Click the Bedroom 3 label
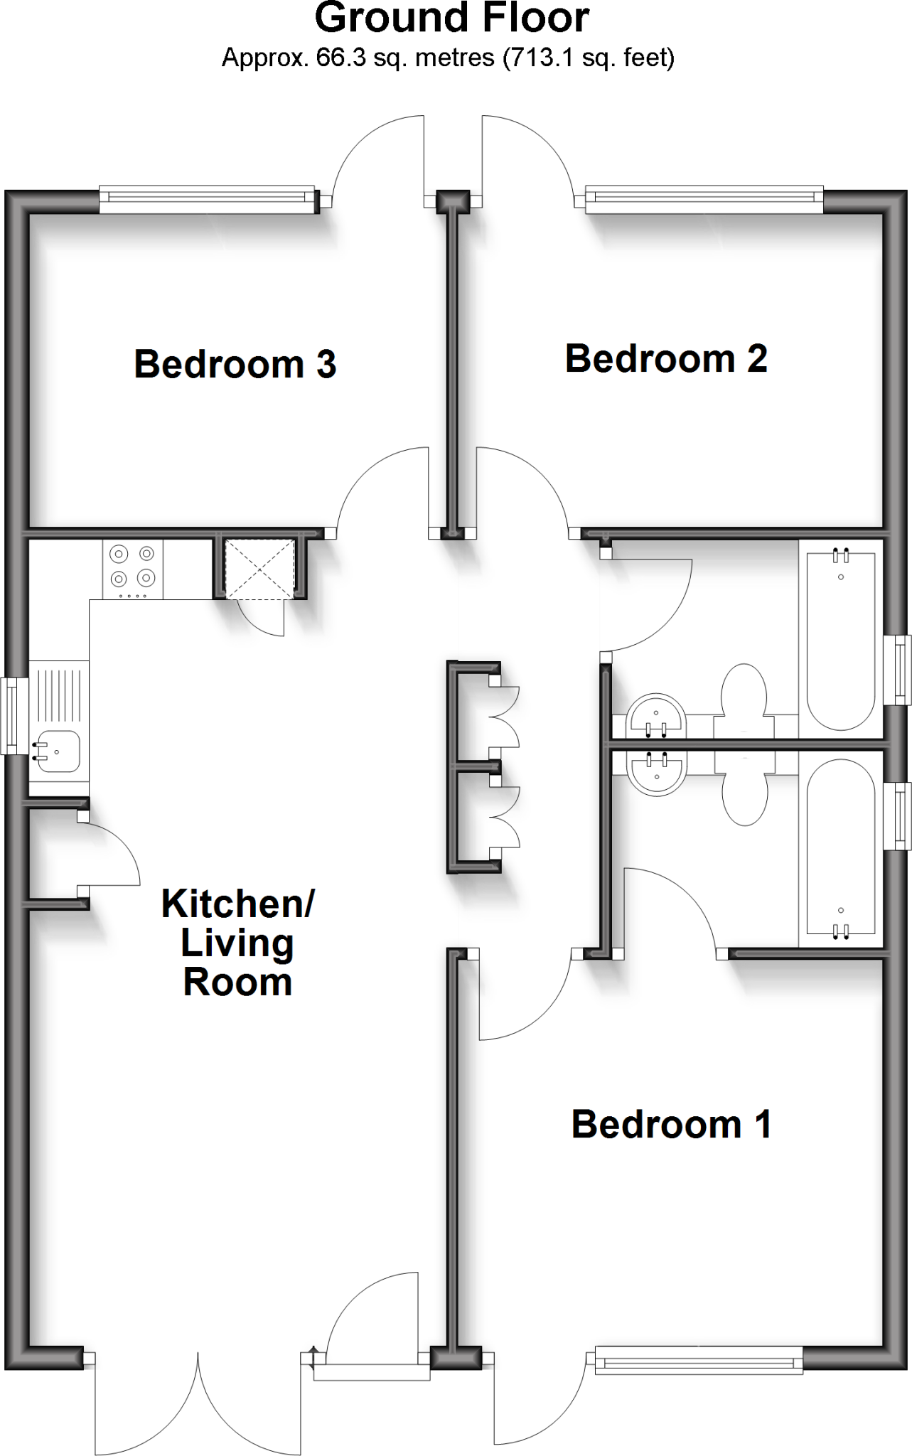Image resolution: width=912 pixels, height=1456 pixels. point(235,364)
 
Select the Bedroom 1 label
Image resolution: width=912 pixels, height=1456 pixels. point(671,1124)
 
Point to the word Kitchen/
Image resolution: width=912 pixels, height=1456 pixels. point(237,904)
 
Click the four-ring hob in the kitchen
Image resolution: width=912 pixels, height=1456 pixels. point(132,569)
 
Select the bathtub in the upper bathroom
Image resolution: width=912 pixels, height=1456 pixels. point(841,640)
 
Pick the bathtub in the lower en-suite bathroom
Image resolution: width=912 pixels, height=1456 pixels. point(841,850)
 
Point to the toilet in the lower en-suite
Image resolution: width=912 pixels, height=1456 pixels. point(744,789)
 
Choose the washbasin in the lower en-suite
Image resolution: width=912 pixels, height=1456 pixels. point(655,773)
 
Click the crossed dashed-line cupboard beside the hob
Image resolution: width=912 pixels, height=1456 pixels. point(259,567)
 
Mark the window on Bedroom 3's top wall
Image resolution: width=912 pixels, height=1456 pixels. point(207,200)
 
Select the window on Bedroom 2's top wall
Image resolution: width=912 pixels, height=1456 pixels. point(704,200)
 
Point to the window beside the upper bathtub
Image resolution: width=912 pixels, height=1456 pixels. point(901,669)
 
